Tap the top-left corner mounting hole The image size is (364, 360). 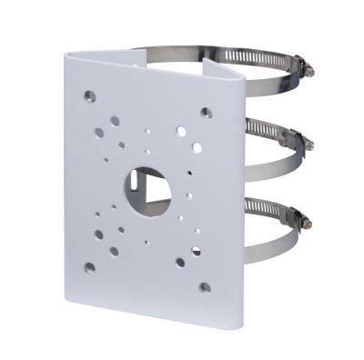click(x=89, y=94)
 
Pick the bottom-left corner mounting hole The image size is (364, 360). click(x=89, y=267)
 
